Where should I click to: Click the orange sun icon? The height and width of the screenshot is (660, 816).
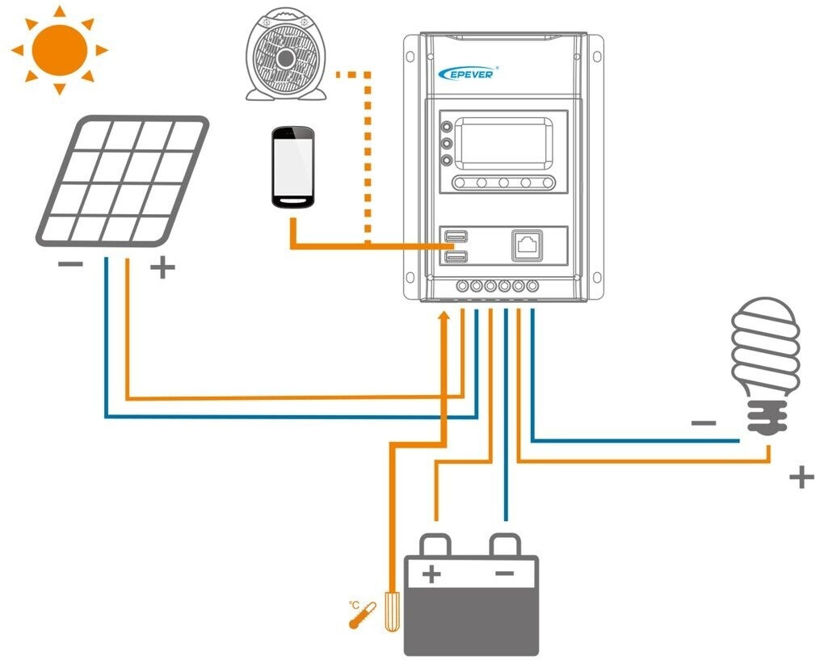tap(59, 48)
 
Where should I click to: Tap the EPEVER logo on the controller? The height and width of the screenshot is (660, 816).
tap(469, 73)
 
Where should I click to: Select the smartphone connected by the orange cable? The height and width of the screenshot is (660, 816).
tap(292, 168)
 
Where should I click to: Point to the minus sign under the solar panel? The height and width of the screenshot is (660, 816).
tap(70, 265)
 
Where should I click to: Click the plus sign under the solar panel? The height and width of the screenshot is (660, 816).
tap(162, 267)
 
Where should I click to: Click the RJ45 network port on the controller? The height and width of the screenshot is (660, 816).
tap(527, 244)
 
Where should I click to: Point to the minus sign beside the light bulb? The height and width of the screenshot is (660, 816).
tap(704, 422)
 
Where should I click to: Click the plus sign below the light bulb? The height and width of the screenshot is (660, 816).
tap(801, 477)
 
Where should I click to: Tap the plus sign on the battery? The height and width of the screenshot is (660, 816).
tap(432, 574)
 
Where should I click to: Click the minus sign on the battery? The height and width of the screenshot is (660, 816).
tap(503, 574)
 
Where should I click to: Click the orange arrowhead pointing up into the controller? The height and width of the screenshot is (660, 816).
tap(443, 316)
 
